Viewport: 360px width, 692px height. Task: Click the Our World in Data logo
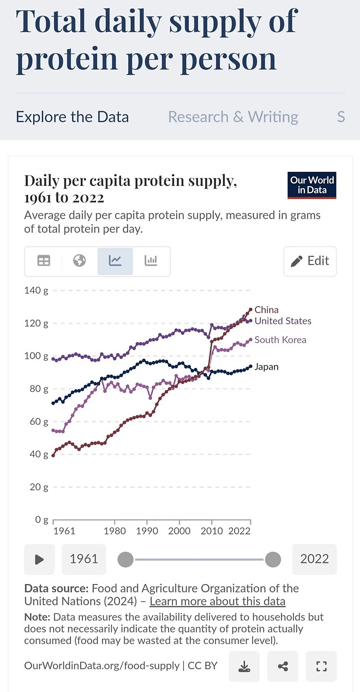click(x=312, y=185)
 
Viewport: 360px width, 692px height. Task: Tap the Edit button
click(x=310, y=261)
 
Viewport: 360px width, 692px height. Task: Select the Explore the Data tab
click(x=73, y=117)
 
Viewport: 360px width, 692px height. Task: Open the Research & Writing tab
click(x=233, y=117)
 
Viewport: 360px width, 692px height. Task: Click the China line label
click(x=266, y=310)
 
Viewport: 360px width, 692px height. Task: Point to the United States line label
click(x=283, y=321)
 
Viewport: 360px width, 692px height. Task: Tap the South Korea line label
click(x=280, y=340)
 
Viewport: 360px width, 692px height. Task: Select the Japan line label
click(x=266, y=367)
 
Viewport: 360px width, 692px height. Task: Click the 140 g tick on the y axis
click(x=36, y=291)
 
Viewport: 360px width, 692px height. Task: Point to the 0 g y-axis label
click(x=41, y=520)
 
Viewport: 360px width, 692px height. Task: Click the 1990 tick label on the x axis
click(x=147, y=531)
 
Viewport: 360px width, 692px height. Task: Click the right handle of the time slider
click(x=273, y=559)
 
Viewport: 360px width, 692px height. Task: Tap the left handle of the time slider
click(x=125, y=559)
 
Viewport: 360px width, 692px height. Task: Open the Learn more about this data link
click(x=217, y=601)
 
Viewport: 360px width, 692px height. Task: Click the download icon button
click(x=244, y=666)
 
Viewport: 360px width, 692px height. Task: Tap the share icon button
click(x=283, y=666)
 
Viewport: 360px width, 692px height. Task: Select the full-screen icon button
click(x=321, y=666)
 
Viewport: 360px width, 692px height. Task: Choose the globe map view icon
click(x=80, y=261)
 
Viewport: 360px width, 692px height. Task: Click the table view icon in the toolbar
click(x=44, y=261)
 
